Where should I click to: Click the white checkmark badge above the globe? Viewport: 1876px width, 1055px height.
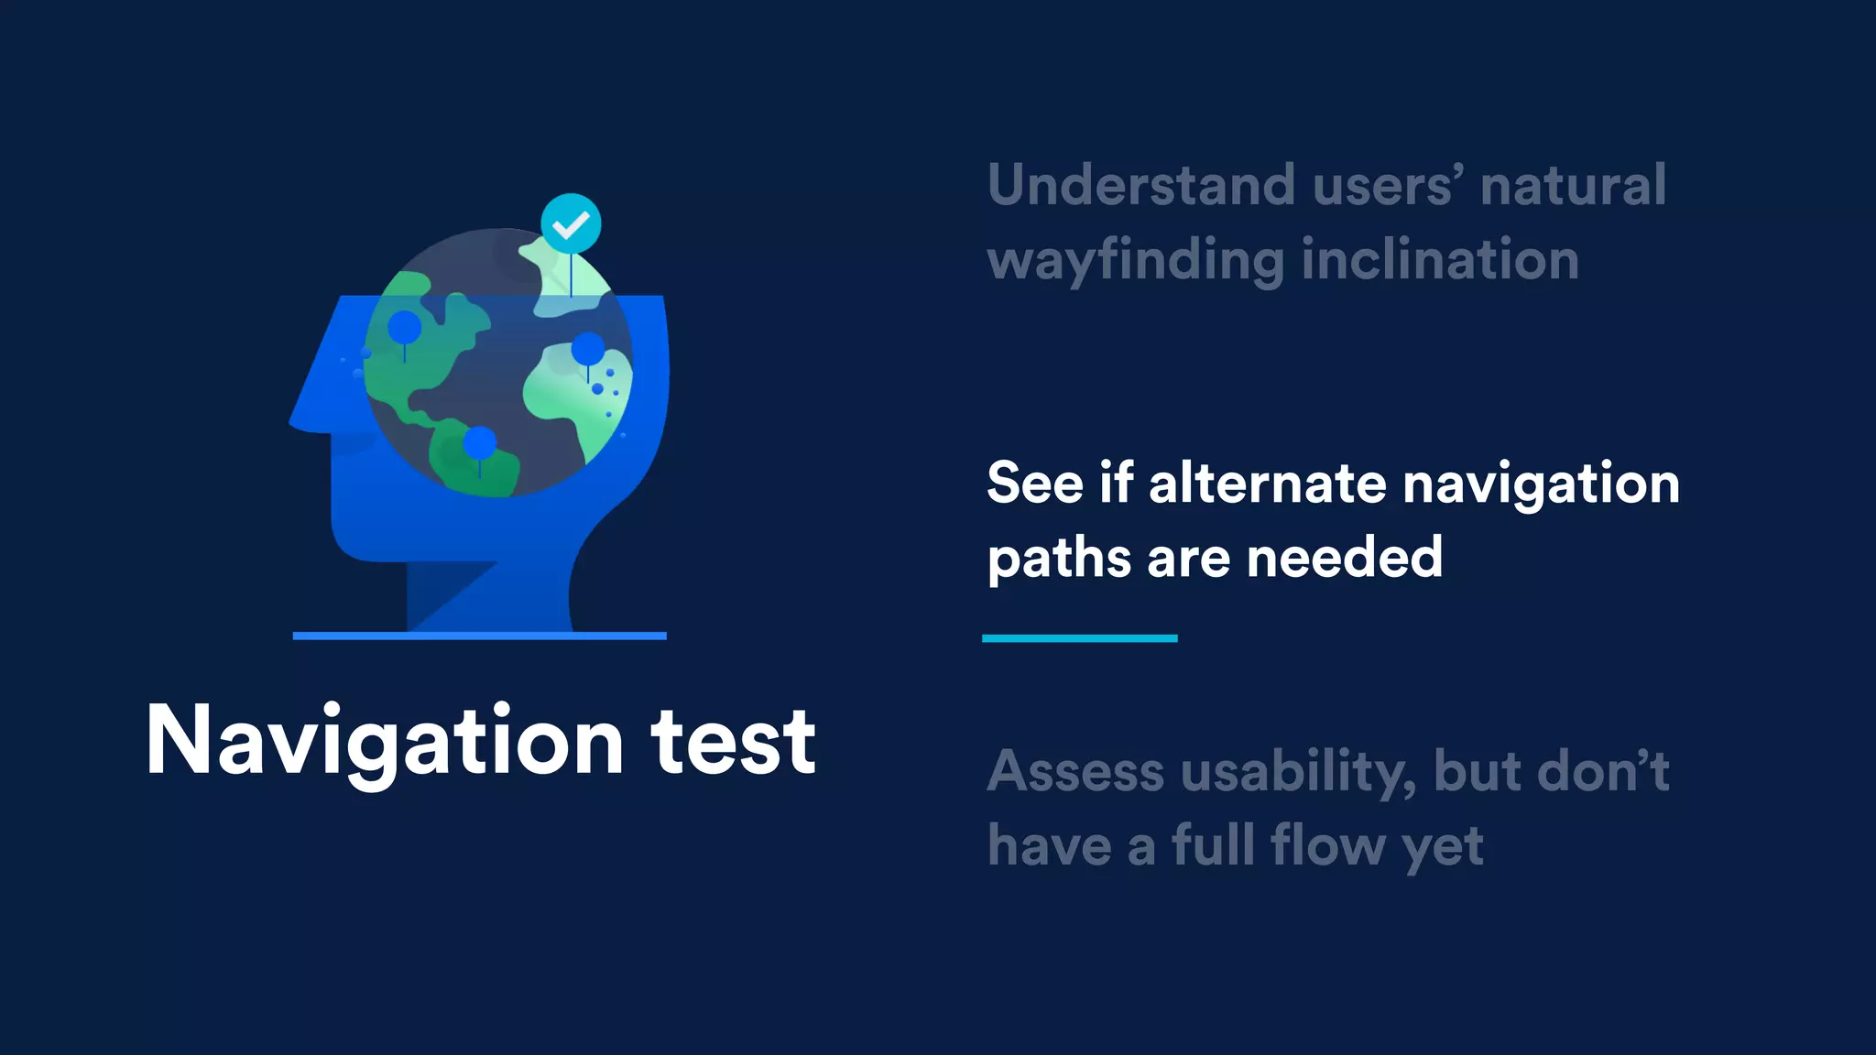click(571, 223)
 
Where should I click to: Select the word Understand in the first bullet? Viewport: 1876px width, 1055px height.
click(1141, 185)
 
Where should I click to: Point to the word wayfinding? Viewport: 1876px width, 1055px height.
click(1136, 261)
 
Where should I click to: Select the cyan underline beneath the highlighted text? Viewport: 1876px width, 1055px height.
click(1079, 638)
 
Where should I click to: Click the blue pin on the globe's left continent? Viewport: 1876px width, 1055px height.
click(404, 328)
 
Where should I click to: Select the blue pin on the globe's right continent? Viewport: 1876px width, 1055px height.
click(588, 349)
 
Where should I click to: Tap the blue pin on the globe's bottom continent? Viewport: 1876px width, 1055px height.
click(479, 444)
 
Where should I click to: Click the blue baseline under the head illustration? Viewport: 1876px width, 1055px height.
click(479, 636)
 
